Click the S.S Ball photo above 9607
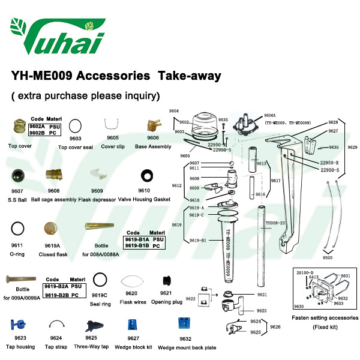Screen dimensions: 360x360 pos(17,177)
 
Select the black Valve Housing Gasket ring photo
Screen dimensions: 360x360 pos(145,176)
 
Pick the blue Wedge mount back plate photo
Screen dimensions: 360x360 pos(185,324)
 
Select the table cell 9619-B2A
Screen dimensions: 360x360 pos(57,286)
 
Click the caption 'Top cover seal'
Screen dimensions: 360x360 pos(76,146)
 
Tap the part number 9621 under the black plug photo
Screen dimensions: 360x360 pos(166,293)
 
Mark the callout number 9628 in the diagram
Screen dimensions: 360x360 pos(333,122)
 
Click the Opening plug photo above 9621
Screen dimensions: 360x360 pos(167,281)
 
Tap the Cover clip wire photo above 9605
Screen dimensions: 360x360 pos(112,124)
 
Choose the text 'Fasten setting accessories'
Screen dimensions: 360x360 pos(325,317)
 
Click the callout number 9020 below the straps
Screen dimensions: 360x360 pos(327,257)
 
